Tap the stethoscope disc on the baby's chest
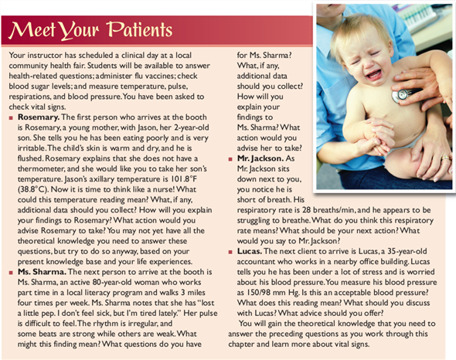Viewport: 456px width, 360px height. point(401,95)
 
